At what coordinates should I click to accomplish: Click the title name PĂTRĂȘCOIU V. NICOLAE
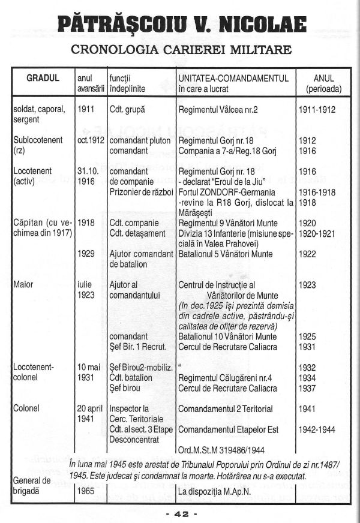[x=180, y=25]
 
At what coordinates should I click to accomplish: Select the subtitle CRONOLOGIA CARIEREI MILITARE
[x=180, y=49]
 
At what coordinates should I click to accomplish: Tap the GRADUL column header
[x=43, y=79]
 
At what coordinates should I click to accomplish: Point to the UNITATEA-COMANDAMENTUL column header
[x=234, y=79]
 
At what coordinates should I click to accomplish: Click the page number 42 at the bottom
[x=180, y=514]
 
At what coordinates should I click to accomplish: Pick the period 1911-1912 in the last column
[x=317, y=110]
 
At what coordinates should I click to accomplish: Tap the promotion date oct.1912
[x=91, y=140]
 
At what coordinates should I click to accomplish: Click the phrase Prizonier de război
[x=142, y=191]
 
